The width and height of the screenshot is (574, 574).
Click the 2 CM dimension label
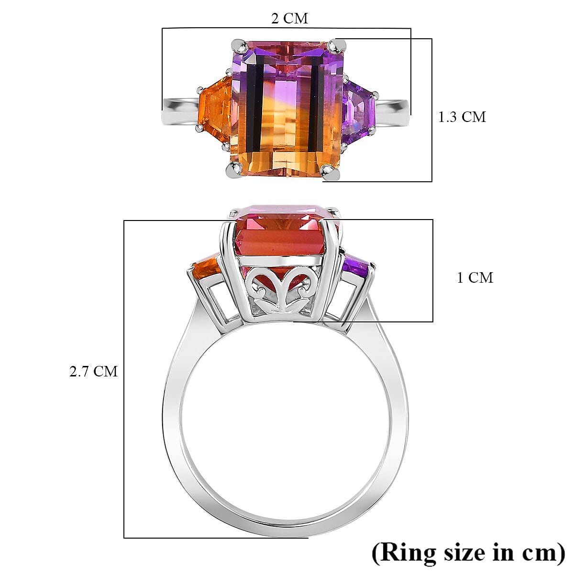click(x=289, y=19)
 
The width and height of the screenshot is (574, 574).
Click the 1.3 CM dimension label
click(x=462, y=117)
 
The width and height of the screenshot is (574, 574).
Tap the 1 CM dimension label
click(x=475, y=277)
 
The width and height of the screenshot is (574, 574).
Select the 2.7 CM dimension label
click(x=93, y=371)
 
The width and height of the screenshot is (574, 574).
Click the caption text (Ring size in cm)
click(x=468, y=552)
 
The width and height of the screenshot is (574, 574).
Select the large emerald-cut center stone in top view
click(x=286, y=108)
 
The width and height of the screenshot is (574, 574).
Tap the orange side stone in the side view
click(x=205, y=269)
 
